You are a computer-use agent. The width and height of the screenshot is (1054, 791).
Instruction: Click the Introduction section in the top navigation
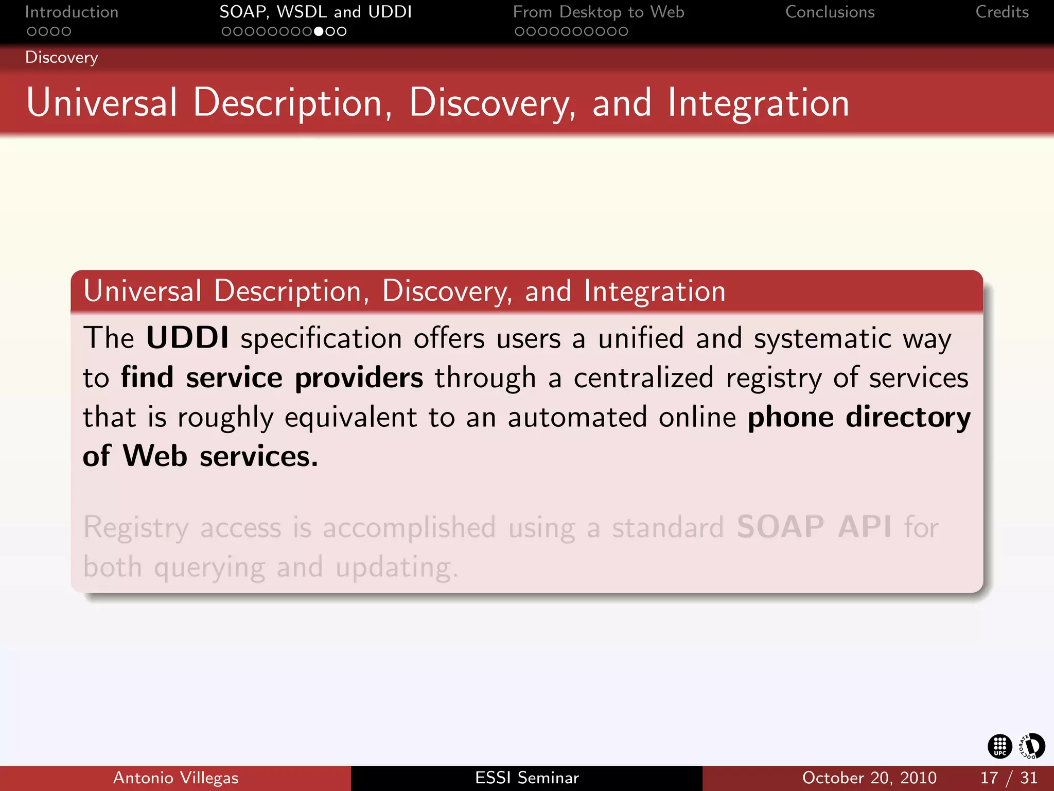[72, 12]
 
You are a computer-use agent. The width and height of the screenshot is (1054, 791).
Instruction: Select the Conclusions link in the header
[830, 12]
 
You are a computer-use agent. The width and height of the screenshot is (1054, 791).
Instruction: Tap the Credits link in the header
[1002, 12]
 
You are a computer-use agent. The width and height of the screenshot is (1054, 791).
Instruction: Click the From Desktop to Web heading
[599, 12]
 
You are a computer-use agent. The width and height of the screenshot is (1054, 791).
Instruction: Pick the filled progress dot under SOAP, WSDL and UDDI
[319, 31]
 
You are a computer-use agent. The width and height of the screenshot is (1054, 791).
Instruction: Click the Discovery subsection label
[61, 57]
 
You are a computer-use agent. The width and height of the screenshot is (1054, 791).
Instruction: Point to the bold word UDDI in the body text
[187, 338]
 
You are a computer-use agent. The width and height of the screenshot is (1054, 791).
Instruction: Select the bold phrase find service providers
[272, 377]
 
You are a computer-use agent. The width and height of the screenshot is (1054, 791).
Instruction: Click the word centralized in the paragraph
[643, 377]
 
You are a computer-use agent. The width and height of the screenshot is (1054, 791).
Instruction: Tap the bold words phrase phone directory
[858, 417]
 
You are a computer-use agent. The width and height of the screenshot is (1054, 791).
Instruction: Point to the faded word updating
[396, 568]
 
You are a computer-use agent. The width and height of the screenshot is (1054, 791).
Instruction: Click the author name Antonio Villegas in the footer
[175, 778]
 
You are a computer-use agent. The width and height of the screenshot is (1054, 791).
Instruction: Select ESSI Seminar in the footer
[526, 778]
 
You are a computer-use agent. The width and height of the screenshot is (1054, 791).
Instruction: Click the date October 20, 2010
[869, 778]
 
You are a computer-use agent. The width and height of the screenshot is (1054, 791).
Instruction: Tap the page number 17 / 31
[1008, 778]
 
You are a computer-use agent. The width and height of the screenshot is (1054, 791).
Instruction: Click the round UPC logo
[999, 746]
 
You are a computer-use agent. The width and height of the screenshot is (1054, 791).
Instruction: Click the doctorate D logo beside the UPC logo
[1032, 746]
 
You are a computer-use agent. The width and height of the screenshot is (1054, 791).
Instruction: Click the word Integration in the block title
[654, 291]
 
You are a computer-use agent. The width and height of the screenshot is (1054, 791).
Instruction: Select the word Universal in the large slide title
[101, 102]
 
